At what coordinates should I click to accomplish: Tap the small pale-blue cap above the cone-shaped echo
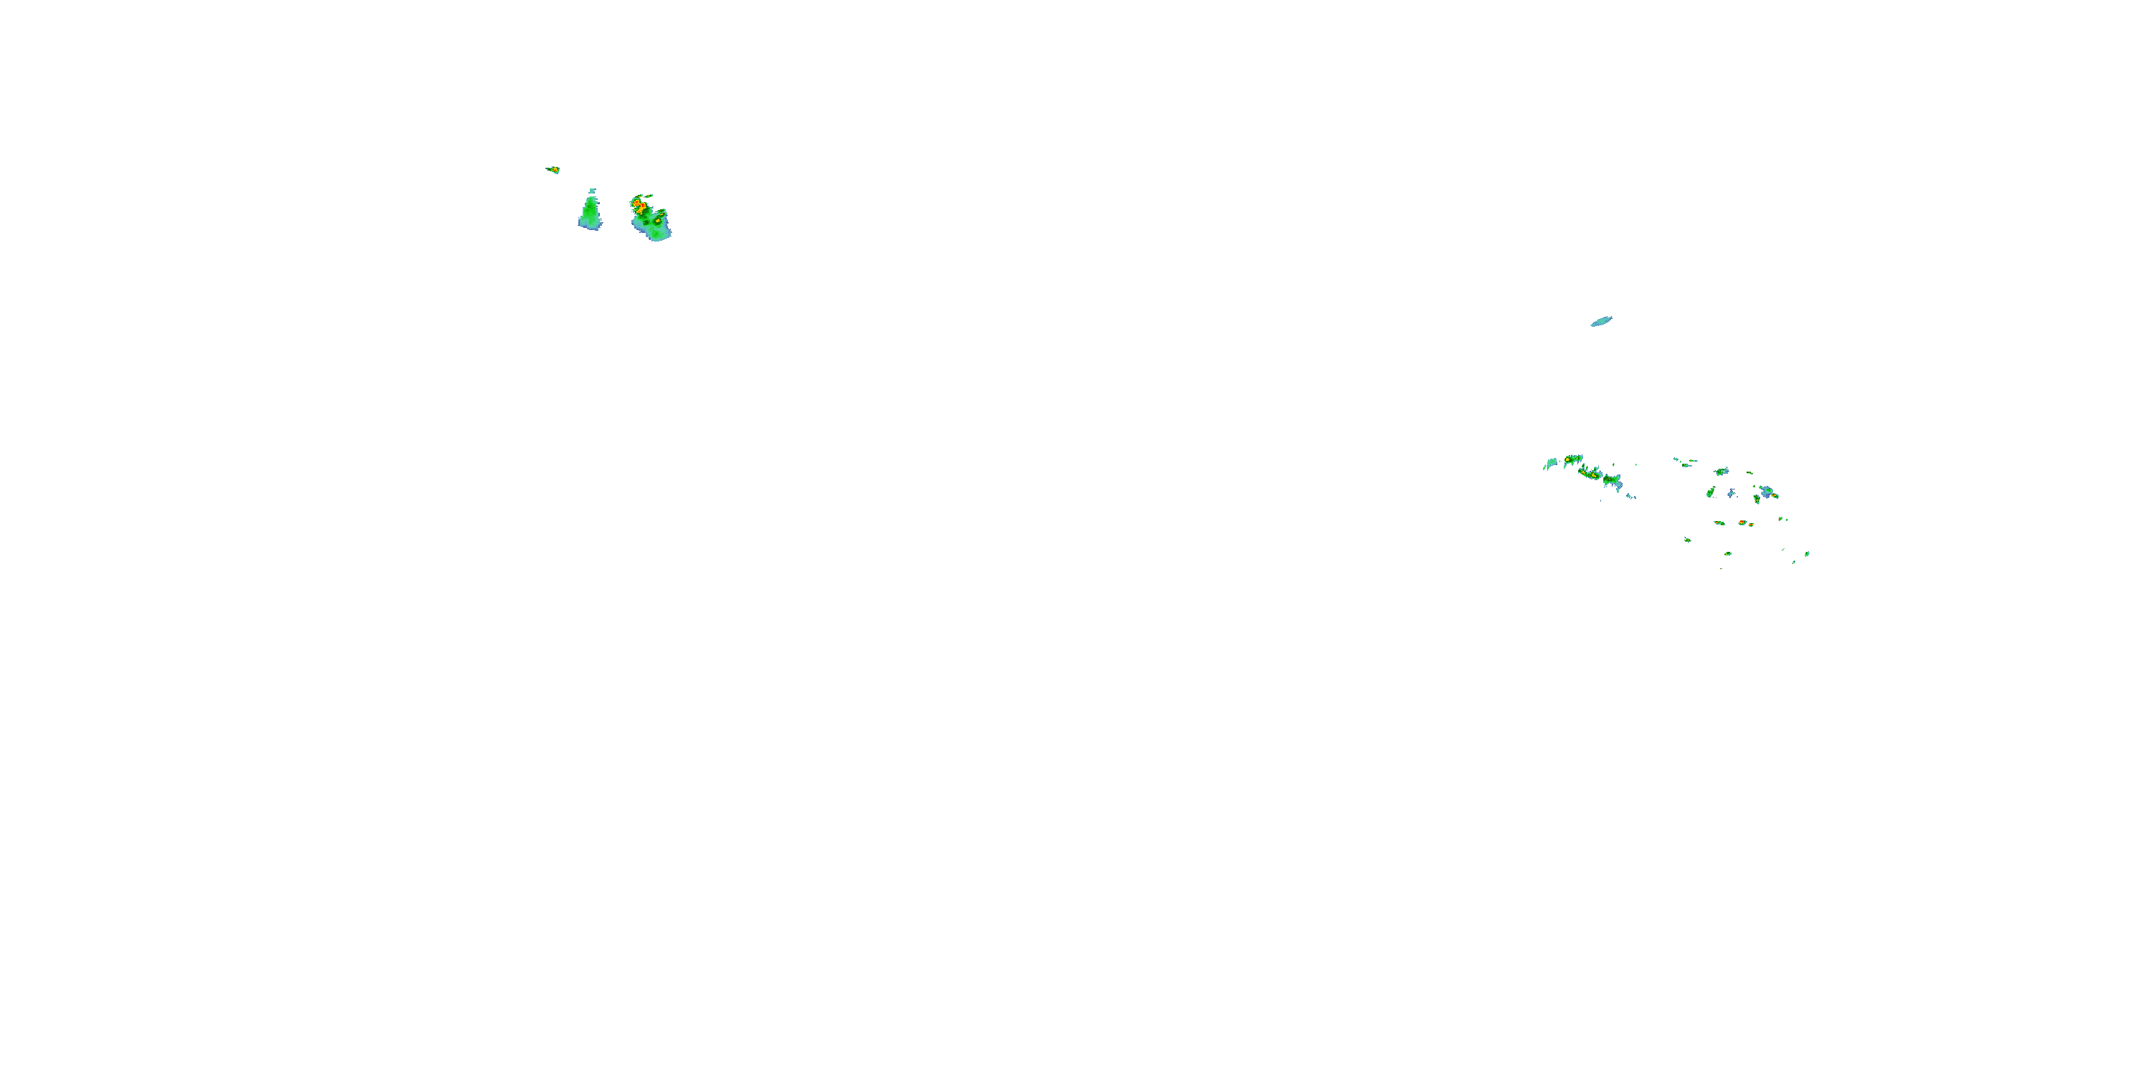point(593,191)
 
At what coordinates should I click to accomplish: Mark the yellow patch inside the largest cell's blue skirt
point(659,221)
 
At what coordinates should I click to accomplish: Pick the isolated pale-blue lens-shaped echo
point(1601,321)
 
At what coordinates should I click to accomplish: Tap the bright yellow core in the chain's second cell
point(1567,460)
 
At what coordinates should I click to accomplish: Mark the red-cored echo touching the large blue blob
point(1774,496)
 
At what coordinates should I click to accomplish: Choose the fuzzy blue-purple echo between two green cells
point(1732,493)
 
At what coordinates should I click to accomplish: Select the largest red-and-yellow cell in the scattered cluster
point(1743,522)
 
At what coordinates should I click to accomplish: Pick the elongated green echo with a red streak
point(1719,523)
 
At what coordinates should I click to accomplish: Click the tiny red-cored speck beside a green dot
point(1780,519)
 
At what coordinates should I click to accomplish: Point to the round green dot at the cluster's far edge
point(1808,554)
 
